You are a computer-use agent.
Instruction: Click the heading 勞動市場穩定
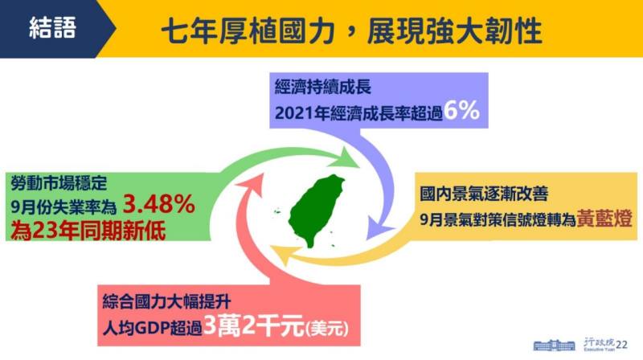click(56, 182)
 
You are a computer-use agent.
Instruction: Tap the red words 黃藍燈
click(603, 219)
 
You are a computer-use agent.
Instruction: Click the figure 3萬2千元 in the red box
click(251, 328)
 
